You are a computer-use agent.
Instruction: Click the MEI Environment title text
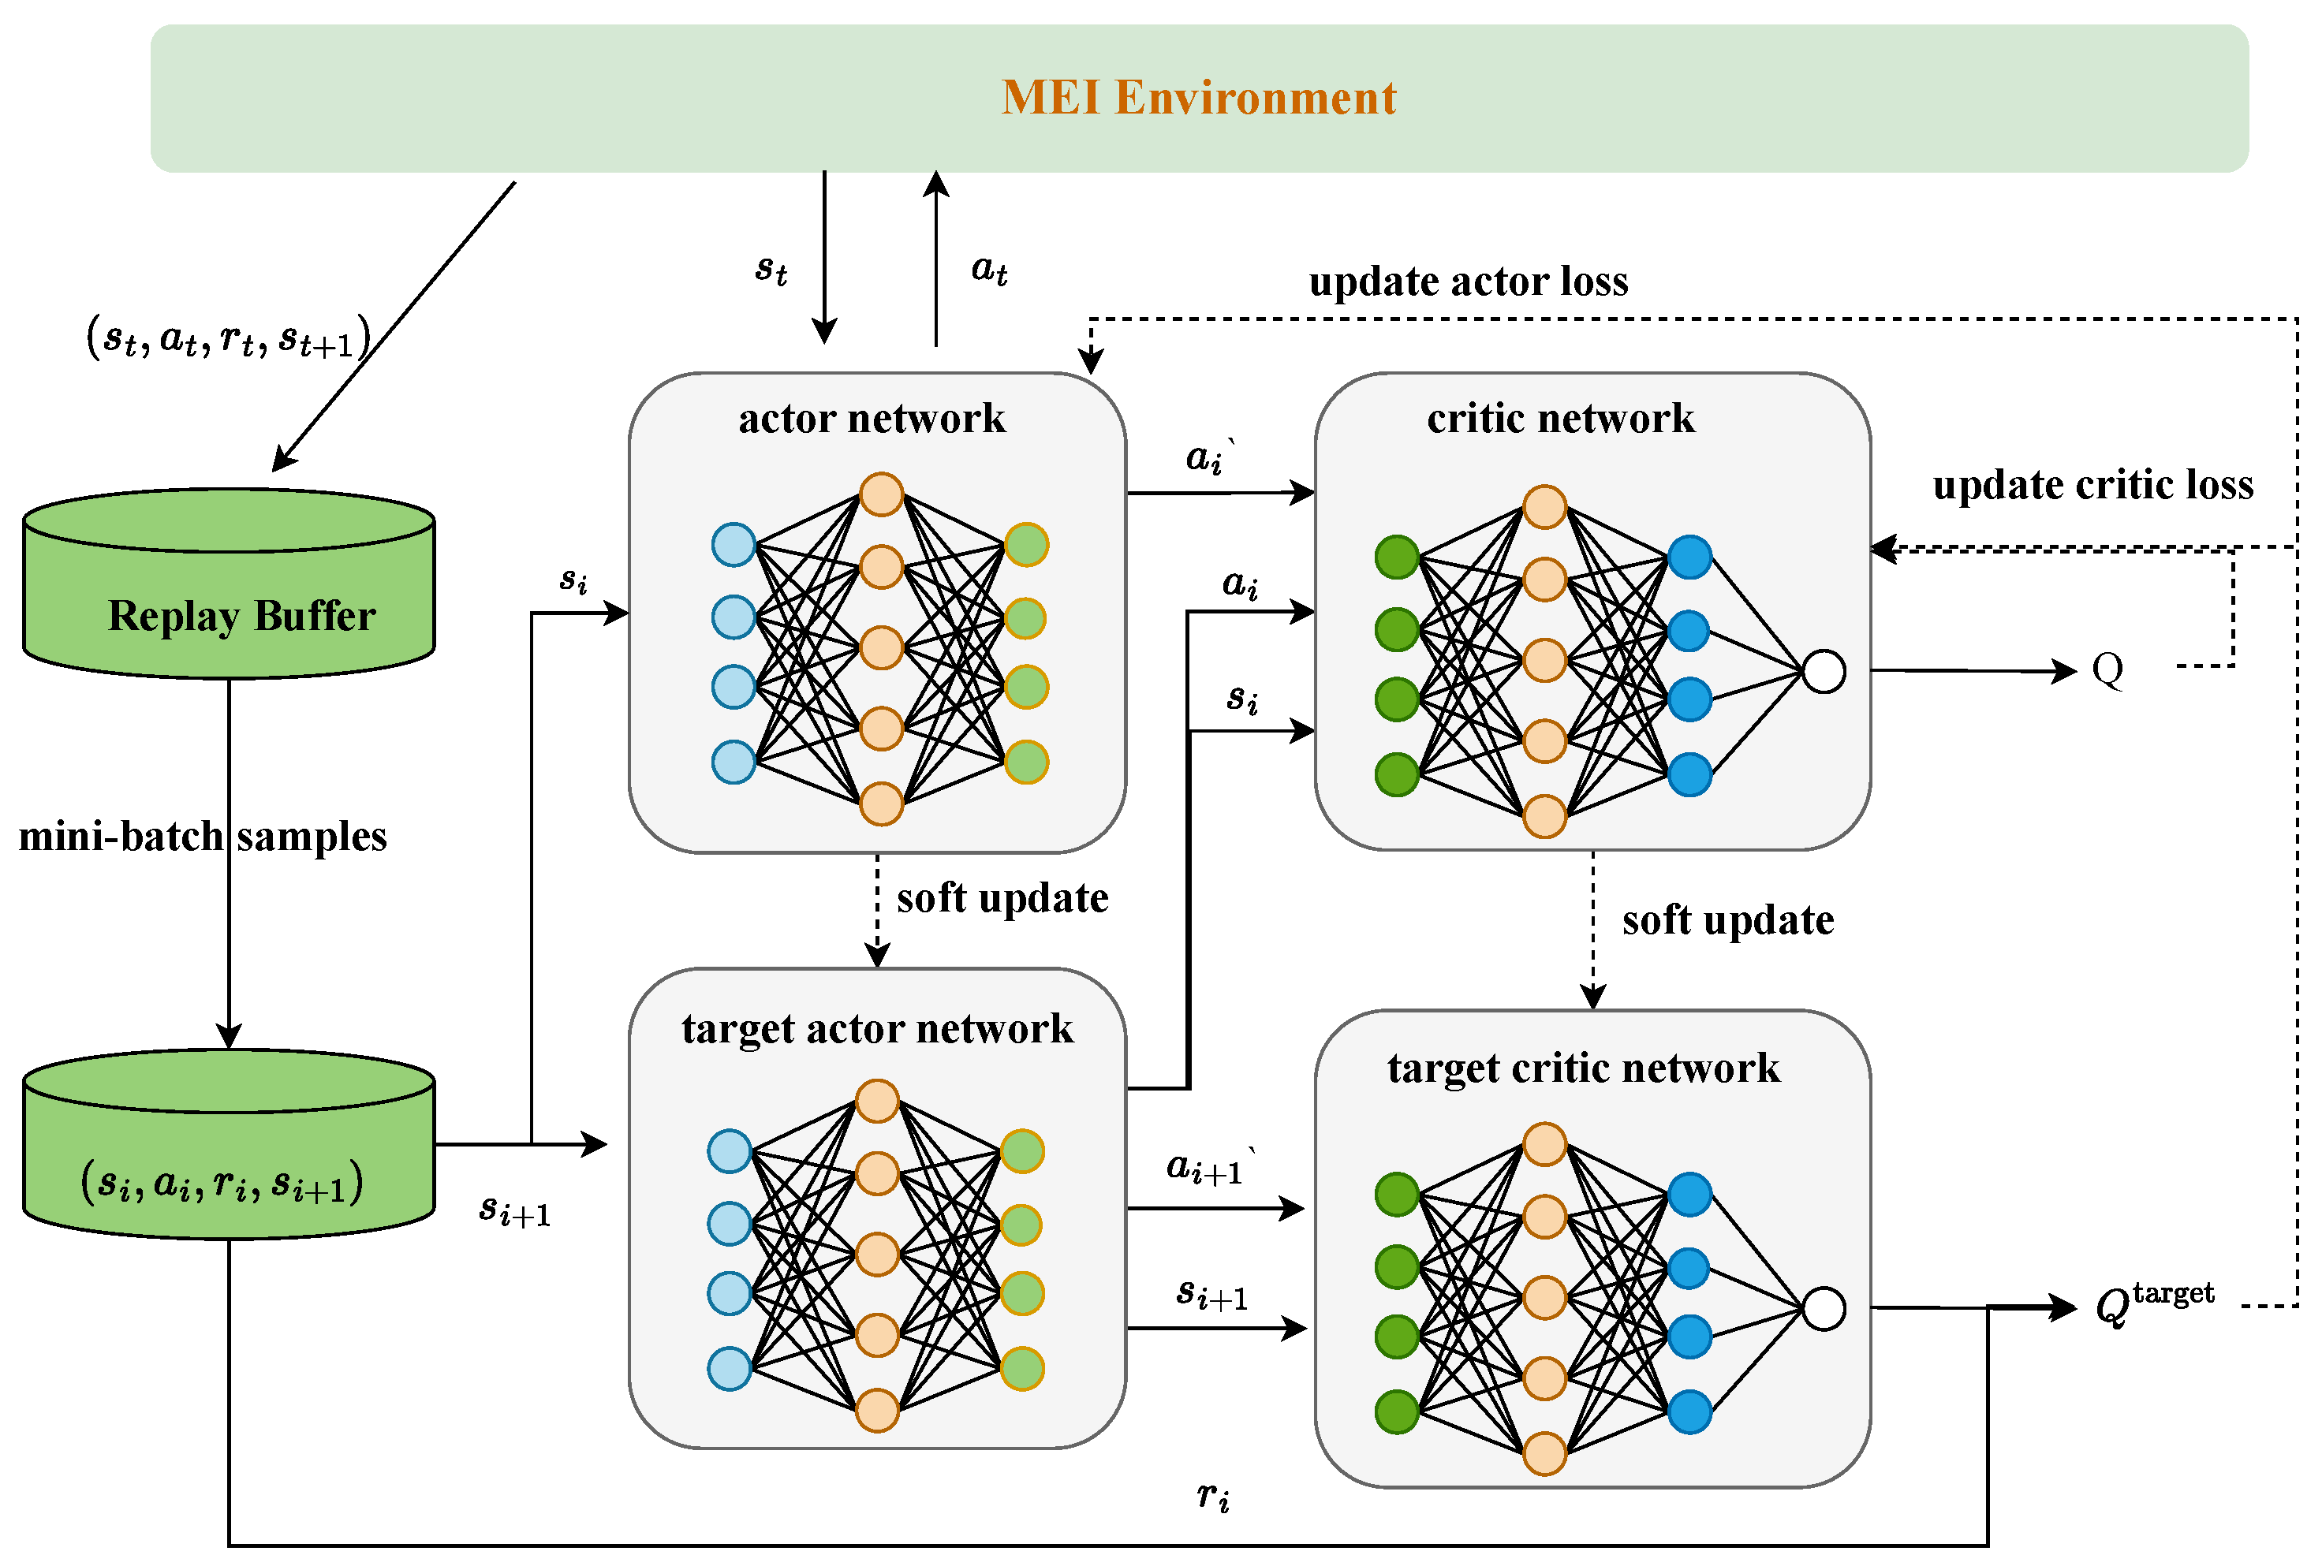[x=1197, y=98]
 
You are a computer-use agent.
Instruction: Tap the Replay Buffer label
[x=241, y=615]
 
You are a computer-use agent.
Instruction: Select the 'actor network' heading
[x=872, y=417]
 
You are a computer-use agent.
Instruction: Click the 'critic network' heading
[x=1560, y=417]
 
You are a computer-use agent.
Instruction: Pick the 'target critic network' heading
[x=1583, y=1068]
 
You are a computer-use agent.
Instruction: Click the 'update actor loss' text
[x=1468, y=281]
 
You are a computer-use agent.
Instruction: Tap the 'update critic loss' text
[x=2092, y=484]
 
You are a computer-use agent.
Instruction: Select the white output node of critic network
[x=1823, y=671]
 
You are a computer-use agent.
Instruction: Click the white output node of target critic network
[x=1823, y=1308]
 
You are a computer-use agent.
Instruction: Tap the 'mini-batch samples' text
[x=203, y=836]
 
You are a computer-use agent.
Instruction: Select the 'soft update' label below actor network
[x=1002, y=898]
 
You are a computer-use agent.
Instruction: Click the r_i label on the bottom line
[x=1212, y=1495]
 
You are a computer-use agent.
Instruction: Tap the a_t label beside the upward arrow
[x=989, y=269]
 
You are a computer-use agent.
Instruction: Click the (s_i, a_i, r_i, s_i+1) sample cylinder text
[x=222, y=1181]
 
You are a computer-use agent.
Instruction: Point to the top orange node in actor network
[x=881, y=494]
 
